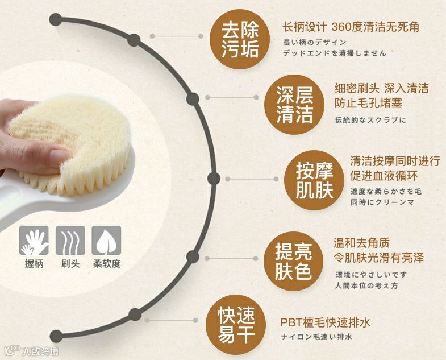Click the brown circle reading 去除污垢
pyautogui.click(x=240, y=39)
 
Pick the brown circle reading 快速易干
pyautogui.click(x=236, y=322)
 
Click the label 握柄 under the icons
pyautogui.click(x=34, y=264)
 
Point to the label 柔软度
pyautogui.click(x=106, y=264)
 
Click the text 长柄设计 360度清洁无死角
pyautogui.click(x=351, y=27)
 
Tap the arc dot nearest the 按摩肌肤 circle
pyautogui.click(x=214, y=179)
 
